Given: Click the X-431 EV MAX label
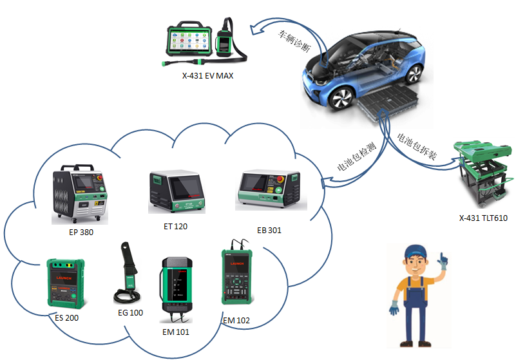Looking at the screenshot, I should pos(207,76).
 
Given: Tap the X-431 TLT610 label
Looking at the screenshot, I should pos(483,218).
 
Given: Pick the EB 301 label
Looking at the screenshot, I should pos(269,230).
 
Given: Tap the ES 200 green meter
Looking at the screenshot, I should pos(67,284).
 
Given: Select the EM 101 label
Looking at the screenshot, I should pos(178,332).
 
